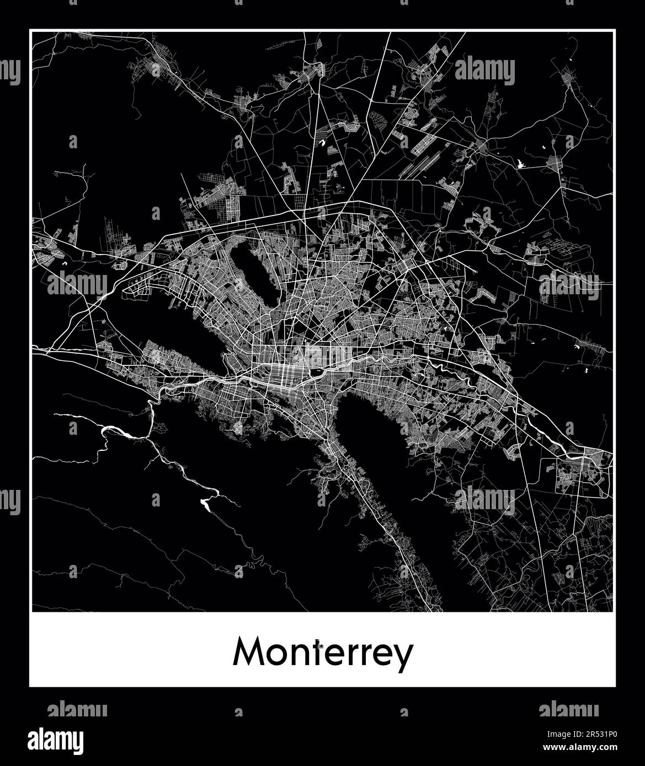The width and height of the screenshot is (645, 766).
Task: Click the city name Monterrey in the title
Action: (x=323, y=653)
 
